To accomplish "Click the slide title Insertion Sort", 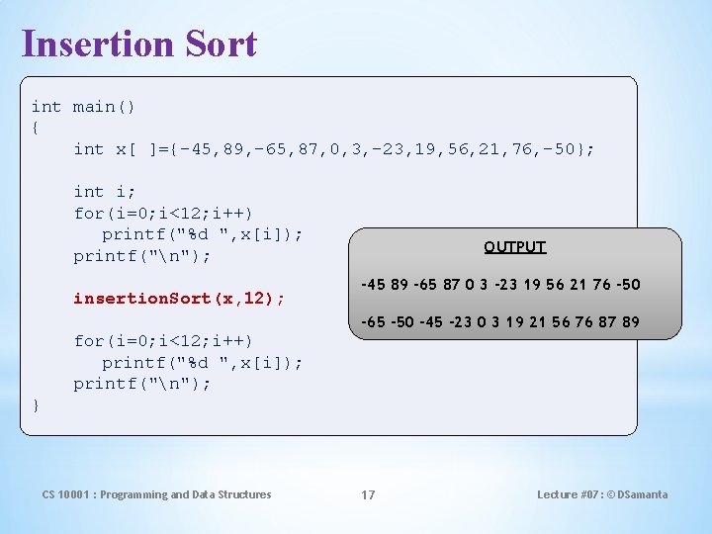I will [x=138, y=44].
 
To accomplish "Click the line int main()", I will [x=84, y=107].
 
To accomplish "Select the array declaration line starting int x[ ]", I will [x=334, y=149].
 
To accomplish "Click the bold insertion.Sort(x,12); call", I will [x=179, y=298].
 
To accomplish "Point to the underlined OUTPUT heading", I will [x=514, y=247].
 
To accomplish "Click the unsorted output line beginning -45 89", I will [x=500, y=285].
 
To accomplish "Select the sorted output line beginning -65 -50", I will [x=500, y=322].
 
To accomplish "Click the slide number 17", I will [x=368, y=494].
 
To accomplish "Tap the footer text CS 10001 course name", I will [x=156, y=494].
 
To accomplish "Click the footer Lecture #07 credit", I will [x=602, y=494].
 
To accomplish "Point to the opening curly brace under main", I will [x=36, y=129].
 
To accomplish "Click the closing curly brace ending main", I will [x=36, y=405].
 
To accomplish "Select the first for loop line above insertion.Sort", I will [x=163, y=213].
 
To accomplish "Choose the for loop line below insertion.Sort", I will [x=163, y=341].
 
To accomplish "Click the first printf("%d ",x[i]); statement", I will [x=203, y=234].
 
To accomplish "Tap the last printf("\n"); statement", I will [x=142, y=384].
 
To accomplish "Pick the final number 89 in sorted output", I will [x=630, y=322].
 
